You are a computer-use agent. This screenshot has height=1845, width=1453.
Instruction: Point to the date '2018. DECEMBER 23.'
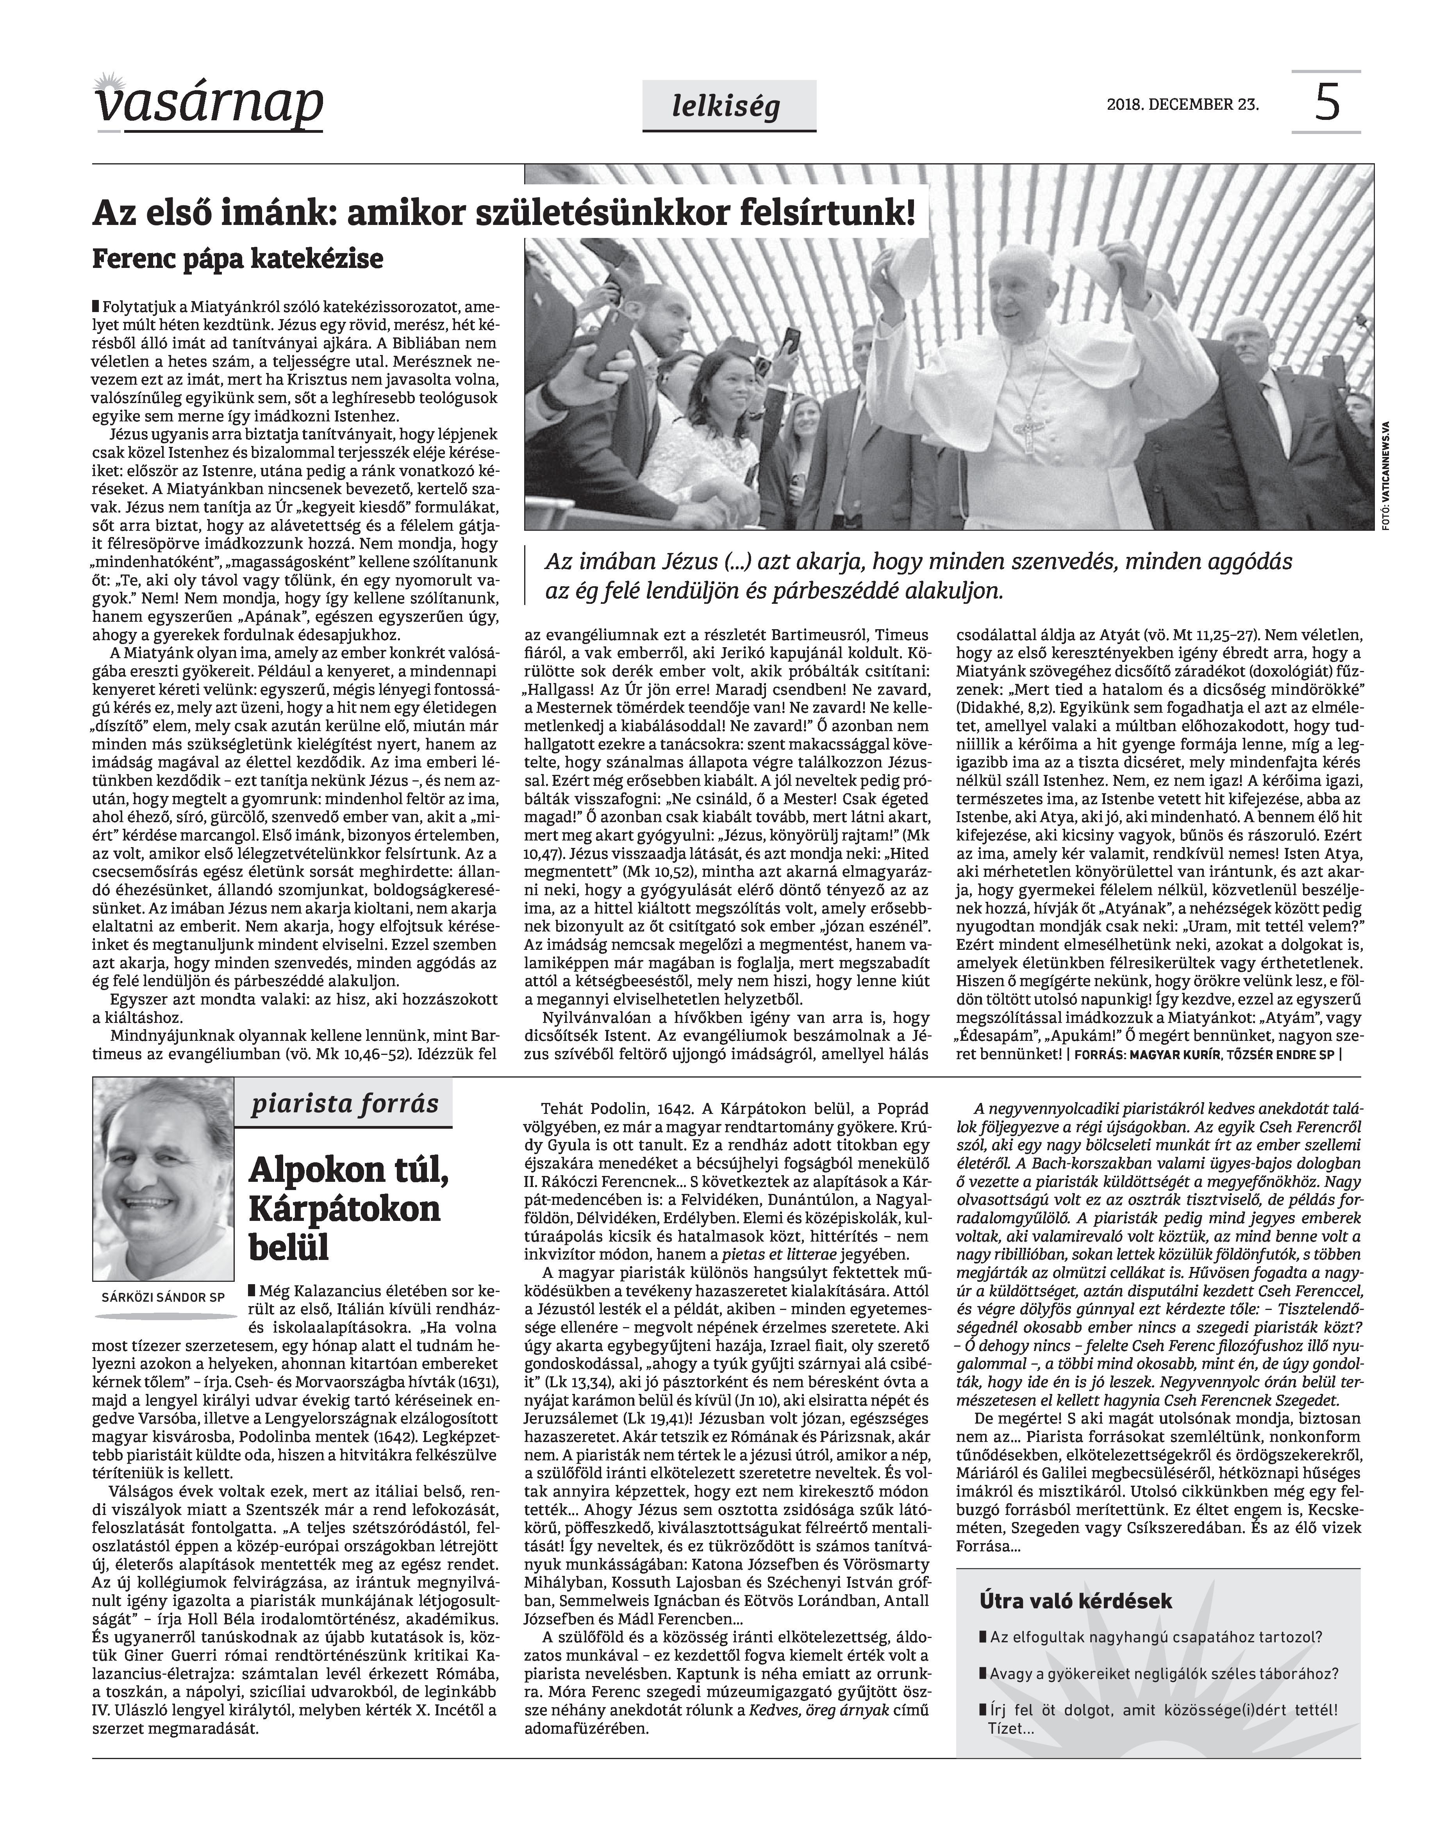(1182, 105)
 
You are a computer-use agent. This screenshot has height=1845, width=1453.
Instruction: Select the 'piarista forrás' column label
(345, 1104)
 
